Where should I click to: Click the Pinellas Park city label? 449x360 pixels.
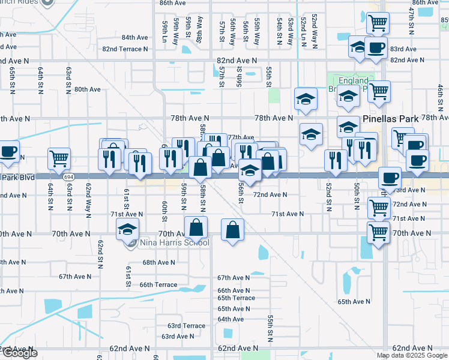[x=390, y=119]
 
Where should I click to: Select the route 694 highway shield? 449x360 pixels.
[x=69, y=177]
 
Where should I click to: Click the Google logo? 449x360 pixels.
[x=19, y=353]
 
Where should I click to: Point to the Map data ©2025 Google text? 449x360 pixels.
[x=412, y=355]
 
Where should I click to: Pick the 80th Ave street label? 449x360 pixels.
[x=87, y=89]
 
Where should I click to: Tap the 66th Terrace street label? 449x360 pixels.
[x=158, y=285]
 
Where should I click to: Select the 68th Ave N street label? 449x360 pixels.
[x=158, y=262]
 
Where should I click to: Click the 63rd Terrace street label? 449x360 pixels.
[x=186, y=326]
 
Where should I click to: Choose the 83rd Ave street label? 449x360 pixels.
[x=403, y=49]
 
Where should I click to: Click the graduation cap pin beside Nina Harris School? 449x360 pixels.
[x=127, y=229]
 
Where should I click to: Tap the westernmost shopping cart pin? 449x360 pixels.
[x=59, y=158]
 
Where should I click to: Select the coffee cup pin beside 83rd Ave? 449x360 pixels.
[x=376, y=47]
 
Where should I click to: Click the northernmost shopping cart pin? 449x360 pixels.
[x=378, y=23]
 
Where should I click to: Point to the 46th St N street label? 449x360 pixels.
[x=440, y=97]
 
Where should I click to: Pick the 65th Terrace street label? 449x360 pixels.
[x=236, y=298]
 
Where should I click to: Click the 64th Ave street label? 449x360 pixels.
[x=231, y=319]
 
